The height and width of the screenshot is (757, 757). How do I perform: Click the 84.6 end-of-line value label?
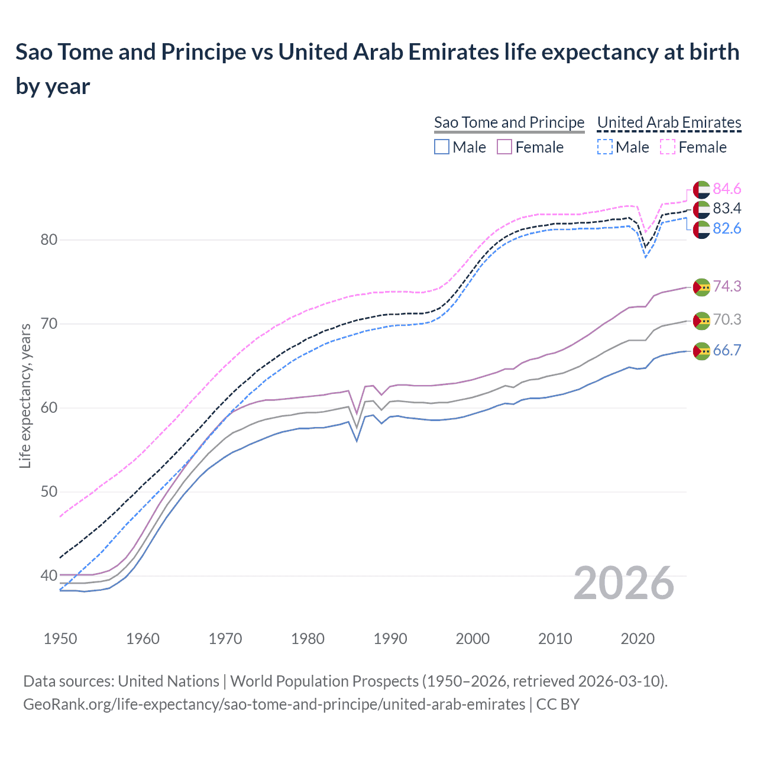click(x=727, y=189)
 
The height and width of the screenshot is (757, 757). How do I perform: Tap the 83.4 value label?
click(x=727, y=208)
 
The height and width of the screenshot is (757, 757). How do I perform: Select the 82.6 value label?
click(x=727, y=228)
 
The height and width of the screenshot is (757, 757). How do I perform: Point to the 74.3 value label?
click(x=727, y=286)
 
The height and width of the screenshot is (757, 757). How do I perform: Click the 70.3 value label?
click(x=727, y=319)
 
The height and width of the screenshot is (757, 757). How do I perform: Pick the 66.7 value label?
click(x=727, y=350)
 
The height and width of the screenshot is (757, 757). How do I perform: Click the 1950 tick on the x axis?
click(x=61, y=639)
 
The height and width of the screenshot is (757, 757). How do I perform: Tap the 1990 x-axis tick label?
click(x=390, y=639)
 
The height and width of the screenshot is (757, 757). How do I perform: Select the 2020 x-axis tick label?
click(x=638, y=639)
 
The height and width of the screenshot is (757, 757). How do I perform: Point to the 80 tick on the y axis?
click(x=49, y=240)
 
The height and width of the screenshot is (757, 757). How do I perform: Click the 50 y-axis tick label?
click(x=49, y=491)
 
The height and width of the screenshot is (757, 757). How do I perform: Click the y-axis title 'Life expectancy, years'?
click(x=25, y=396)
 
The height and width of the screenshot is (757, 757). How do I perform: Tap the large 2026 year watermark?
click(x=624, y=584)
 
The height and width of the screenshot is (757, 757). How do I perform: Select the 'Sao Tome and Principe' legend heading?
click(x=509, y=122)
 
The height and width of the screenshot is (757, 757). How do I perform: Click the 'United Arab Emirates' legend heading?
click(x=669, y=122)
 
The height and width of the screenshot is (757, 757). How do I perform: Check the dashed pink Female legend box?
click(x=668, y=147)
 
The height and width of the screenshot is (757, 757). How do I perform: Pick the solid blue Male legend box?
click(x=442, y=147)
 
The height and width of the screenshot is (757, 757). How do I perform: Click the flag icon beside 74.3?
click(x=701, y=287)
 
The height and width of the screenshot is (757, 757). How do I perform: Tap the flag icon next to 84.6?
click(x=701, y=189)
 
